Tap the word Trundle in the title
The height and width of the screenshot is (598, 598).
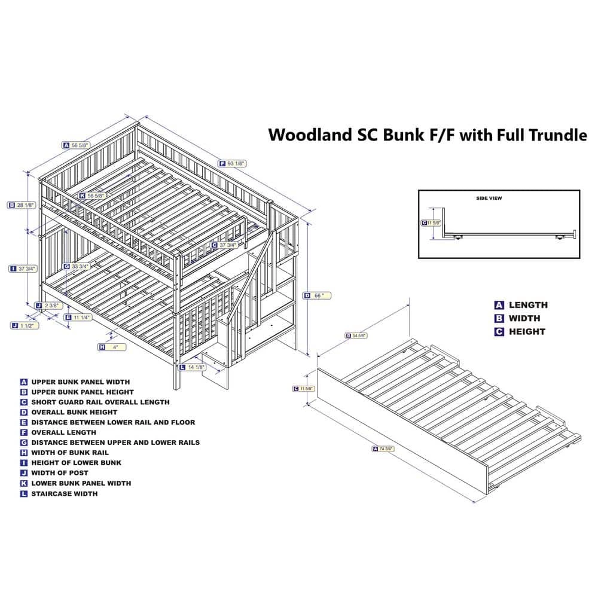coord(559,135)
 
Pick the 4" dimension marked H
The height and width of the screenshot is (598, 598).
coord(114,347)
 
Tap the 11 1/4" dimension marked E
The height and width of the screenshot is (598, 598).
coord(81,318)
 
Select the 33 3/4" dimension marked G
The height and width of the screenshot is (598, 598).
coord(80,266)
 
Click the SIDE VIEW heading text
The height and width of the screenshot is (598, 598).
coord(489,197)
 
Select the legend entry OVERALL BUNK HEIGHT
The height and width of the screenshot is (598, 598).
coord(74,412)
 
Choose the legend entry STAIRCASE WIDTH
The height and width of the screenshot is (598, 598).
coord(64,493)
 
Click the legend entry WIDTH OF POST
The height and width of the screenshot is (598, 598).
coord(60,473)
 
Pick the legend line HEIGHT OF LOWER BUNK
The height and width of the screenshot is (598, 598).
coord(76,463)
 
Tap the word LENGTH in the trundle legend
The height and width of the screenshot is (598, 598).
coord(528,305)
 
